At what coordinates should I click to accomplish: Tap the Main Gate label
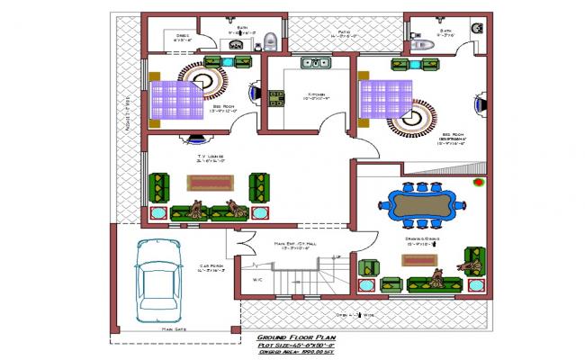pyautogui.click(x=175, y=329)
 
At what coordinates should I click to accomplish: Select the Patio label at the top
pyautogui.click(x=344, y=33)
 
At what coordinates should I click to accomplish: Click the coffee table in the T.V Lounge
pyautogui.click(x=210, y=183)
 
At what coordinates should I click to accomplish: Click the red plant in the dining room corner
pyautogui.click(x=478, y=184)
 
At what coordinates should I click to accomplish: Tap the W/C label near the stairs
pyautogui.click(x=257, y=279)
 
